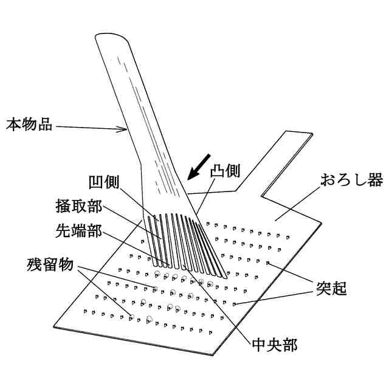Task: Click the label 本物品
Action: (x=29, y=125)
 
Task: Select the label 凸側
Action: (x=227, y=171)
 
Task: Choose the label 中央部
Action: (x=274, y=345)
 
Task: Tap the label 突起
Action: (x=331, y=287)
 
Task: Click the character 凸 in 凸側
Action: (x=219, y=171)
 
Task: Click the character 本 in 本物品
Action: (x=14, y=125)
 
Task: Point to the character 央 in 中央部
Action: (x=274, y=345)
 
